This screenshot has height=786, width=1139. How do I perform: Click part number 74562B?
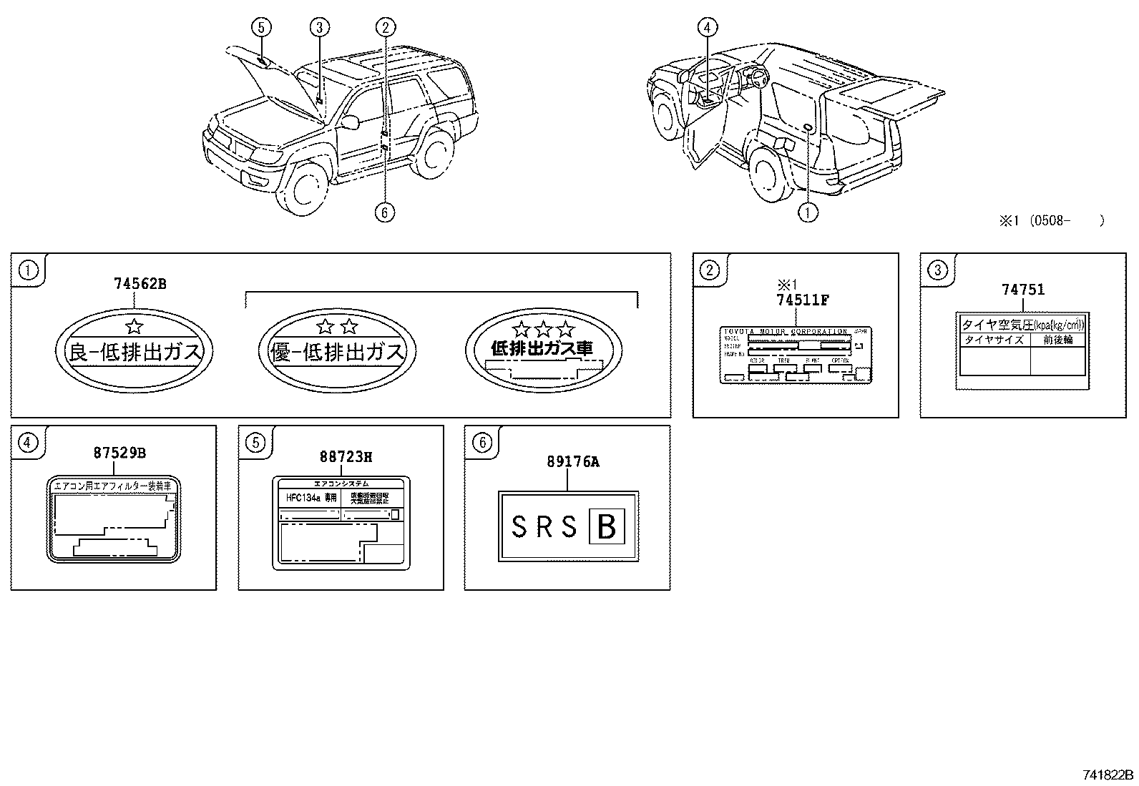[140, 284]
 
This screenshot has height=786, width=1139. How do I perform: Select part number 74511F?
[803, 300]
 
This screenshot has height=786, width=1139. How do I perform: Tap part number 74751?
[1022, 290]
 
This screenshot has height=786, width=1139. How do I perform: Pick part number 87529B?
[119, 453]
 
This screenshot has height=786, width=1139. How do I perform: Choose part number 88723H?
[346, 457]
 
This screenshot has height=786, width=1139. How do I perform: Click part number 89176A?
[572, 462]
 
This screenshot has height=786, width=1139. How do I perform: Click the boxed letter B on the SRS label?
[606, 527]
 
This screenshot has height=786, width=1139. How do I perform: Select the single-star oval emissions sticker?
[134, 350]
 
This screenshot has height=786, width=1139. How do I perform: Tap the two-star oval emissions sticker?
[336, 350]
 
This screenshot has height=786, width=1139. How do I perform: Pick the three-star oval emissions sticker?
[544, 350]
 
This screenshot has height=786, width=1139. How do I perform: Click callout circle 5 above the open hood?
[261, 28]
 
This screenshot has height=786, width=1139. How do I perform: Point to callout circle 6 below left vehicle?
[385, 212]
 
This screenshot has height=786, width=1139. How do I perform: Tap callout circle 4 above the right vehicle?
[707, 28]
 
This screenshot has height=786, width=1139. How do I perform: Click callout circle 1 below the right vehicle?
[808, 212]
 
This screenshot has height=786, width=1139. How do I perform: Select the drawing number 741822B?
[1107, 775]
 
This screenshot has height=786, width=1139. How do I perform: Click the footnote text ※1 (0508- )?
[1051, 221]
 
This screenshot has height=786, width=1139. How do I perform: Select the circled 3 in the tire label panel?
[937, 270]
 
